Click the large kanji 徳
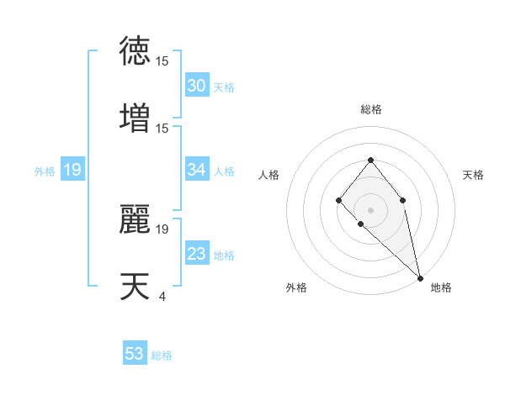tap(136, 50)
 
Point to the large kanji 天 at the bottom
tap(136, 287)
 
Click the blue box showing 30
tap(197, 86)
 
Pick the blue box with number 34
tap(197, 170)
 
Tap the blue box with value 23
tap(197, 254)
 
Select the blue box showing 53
tap(135, 354)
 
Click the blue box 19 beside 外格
tap(72, 171)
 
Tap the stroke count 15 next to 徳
tap(162, 61)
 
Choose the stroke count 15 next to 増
tap(162, 128)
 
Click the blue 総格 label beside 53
tap(162, 355)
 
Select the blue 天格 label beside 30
tap(224, 87)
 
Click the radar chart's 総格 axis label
tap(370, 109)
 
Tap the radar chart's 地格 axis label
tap(441, 287)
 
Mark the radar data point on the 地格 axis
tap(420, 277)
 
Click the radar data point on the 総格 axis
tap(370, 160)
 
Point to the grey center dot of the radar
tap(370, 209)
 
